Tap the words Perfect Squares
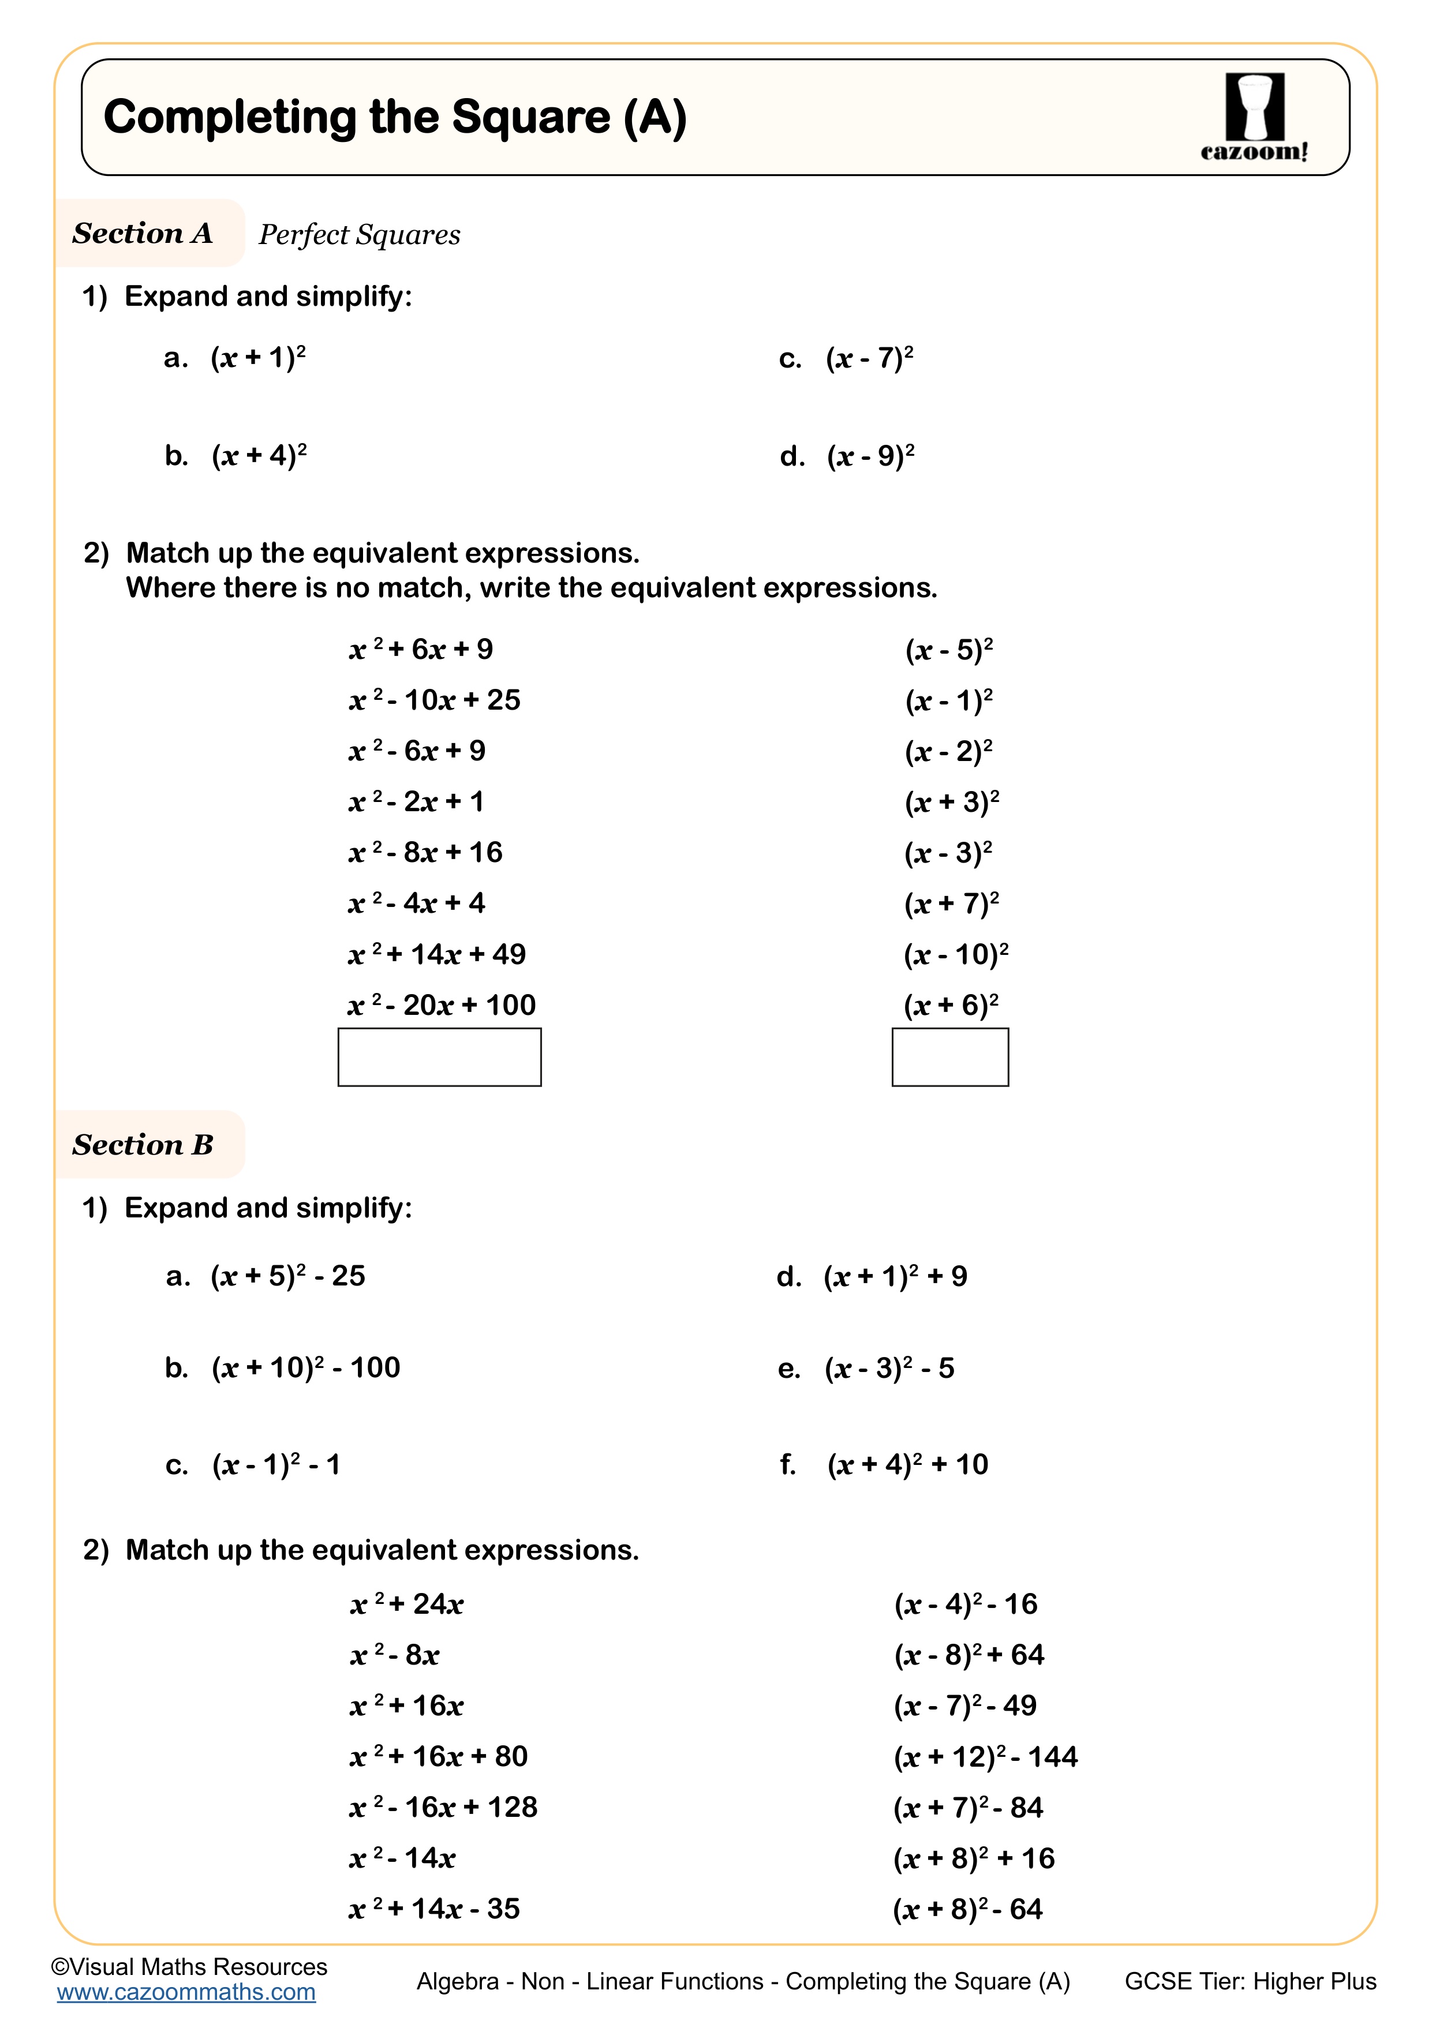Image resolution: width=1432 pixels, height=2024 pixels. click(359, 234)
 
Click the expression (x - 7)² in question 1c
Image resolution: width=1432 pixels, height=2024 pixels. click(869, 358)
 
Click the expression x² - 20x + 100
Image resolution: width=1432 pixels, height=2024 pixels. click(441, 1005)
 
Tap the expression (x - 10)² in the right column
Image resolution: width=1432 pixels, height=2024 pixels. click(955, 954)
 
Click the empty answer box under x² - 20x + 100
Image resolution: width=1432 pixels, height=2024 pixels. click(439, 1057)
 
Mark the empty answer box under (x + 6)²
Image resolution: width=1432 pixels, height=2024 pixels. click(949, 1057)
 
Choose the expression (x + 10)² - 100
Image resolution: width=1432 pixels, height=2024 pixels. click(305, 1368)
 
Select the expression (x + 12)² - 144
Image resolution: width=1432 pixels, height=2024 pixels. click(985, 1757)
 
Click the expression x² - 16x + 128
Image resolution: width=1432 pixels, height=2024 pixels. click(443, 1807)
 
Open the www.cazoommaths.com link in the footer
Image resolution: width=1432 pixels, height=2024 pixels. click(186, 1992)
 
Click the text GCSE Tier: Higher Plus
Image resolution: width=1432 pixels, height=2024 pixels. click(1250, 1982)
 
